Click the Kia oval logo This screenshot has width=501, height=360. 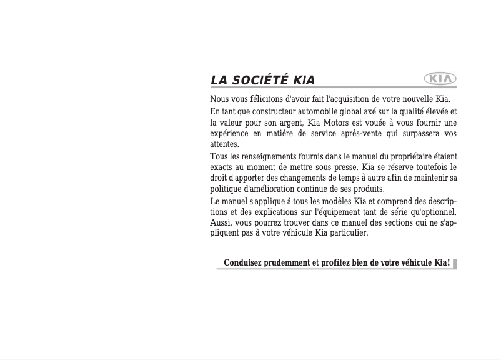tap(440, 79)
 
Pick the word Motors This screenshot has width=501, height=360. tap(339, 122)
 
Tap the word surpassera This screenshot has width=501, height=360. tap(425, 134)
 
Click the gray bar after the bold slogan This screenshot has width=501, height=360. tap(455, 263)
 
